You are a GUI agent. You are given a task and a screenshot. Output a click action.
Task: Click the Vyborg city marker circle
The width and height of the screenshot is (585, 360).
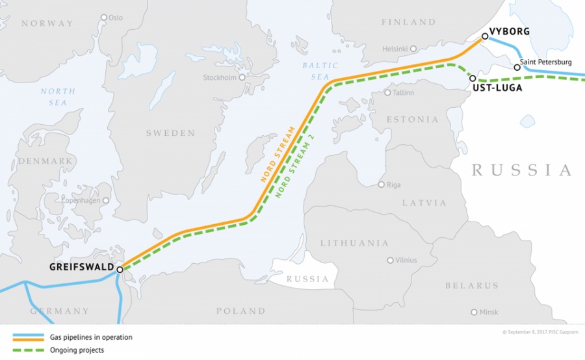485,36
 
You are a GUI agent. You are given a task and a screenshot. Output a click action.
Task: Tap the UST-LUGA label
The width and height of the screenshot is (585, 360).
497,88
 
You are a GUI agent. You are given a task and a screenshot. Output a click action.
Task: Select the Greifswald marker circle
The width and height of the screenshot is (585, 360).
120,268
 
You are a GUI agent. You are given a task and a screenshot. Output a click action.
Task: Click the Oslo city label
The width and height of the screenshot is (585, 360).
115,18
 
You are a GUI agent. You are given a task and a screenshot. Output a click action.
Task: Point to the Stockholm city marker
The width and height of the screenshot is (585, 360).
242,77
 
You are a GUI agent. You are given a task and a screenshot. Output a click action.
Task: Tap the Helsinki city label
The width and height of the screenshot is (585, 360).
395,49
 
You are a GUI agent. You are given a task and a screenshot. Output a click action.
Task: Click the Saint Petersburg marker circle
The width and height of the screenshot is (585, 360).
517,67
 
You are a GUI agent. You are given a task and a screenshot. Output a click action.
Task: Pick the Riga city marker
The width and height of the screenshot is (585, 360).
382,185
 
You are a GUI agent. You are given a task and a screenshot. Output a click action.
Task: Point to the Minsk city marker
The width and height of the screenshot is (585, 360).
474,313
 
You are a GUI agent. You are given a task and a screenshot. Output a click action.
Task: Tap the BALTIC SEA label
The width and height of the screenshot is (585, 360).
320,71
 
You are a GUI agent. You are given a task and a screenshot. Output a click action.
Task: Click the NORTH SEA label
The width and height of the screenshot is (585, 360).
58,97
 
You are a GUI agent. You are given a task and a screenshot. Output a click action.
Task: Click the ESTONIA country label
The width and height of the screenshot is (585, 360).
413,120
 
